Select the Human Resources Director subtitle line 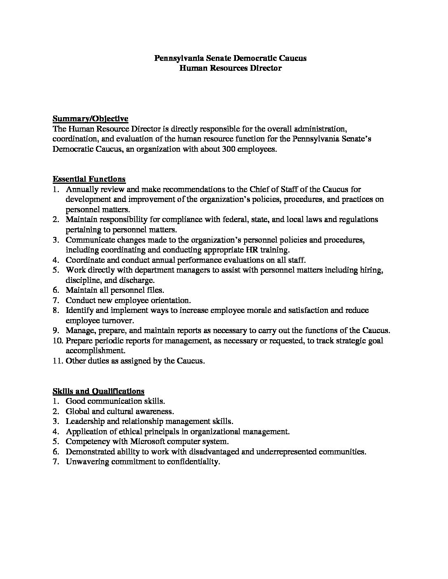click(230, 68)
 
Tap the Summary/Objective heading click(90, 119)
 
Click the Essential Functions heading click(89, 179)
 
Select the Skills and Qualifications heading click(98, 391)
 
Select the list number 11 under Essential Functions click(57, 361)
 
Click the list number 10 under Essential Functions click(57, 341)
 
